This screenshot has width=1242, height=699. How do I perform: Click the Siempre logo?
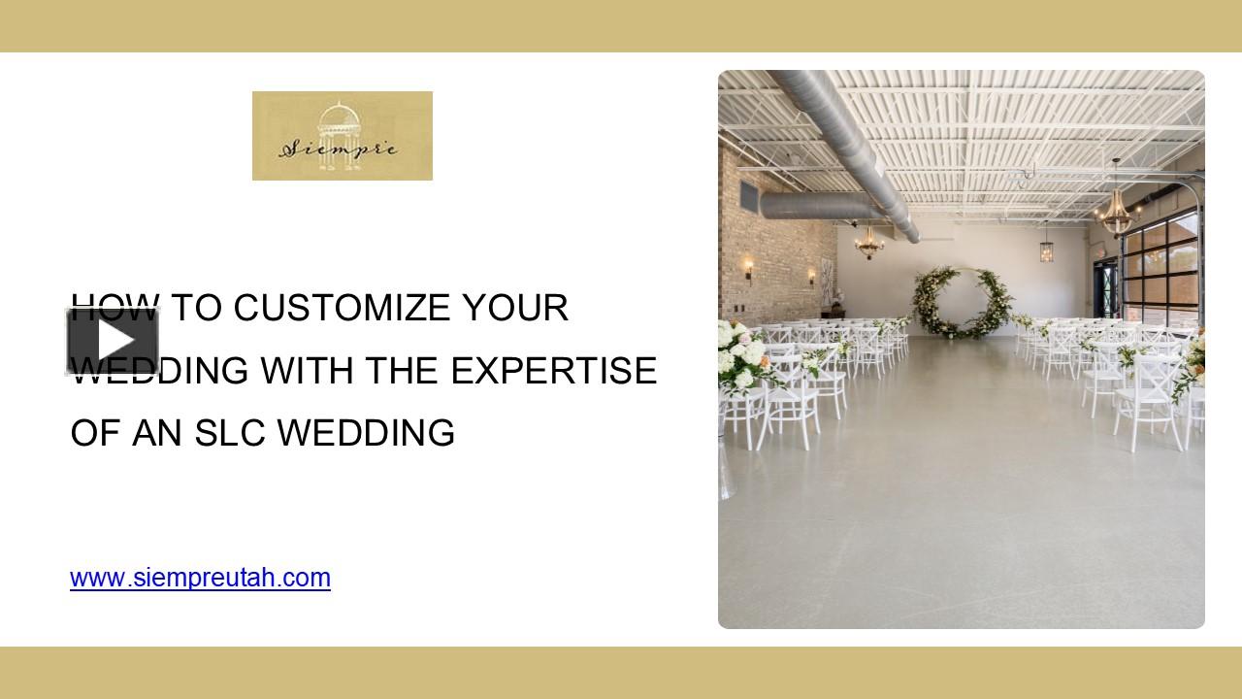pos(342,136)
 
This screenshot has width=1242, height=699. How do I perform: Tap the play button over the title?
pos(113,341)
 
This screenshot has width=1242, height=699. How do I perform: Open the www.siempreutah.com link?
pos(200,579)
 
